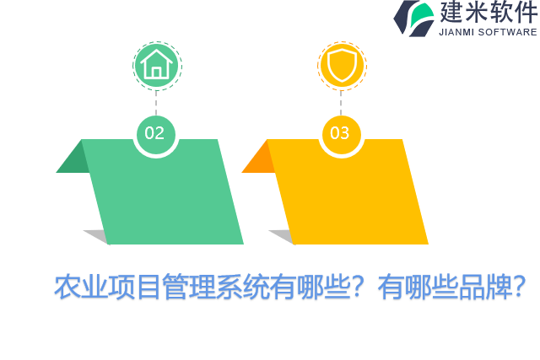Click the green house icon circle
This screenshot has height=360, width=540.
point(156,65)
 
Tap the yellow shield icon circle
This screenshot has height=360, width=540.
point(342,65)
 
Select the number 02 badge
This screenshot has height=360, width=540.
point(155,133)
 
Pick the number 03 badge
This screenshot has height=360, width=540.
point(340,133)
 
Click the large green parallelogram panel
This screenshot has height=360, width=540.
point(165,198)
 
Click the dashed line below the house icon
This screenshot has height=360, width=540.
point(156,100)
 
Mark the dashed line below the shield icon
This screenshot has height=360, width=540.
point(341,100)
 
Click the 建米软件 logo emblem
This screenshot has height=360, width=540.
point(413,18)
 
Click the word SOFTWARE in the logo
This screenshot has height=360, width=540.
point(508,32)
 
